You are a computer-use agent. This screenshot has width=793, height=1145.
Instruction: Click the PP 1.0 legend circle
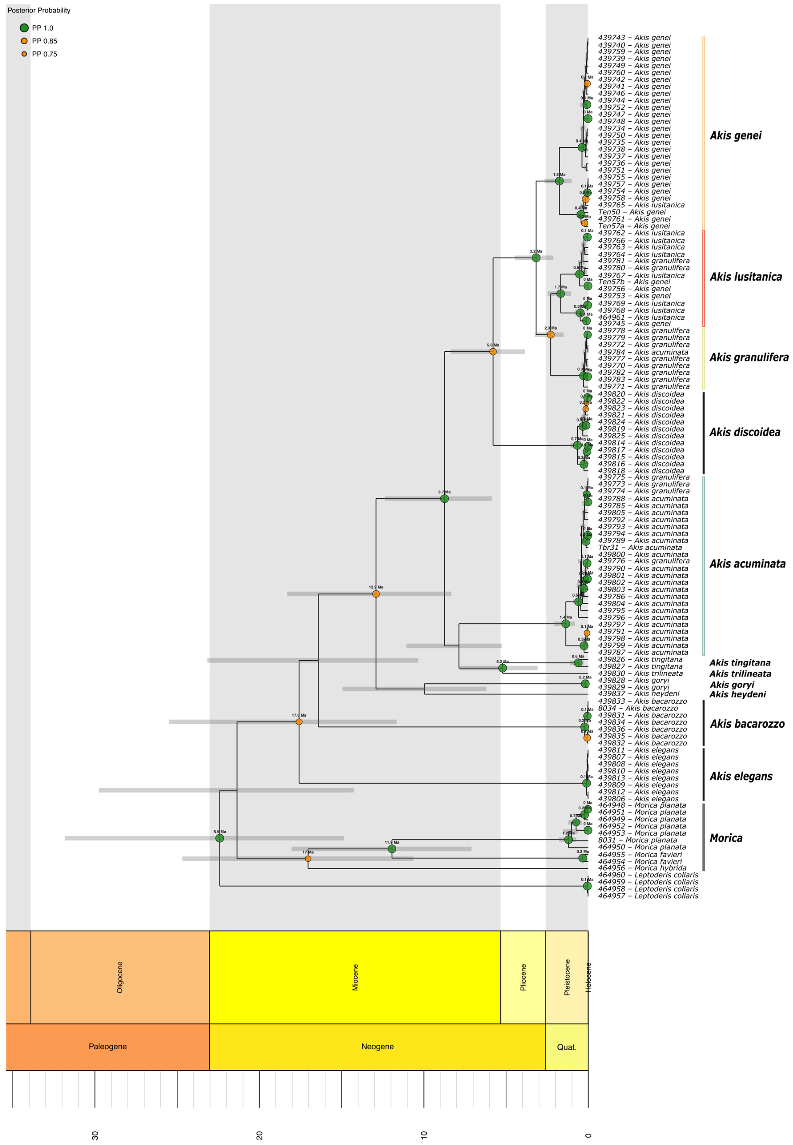[24, 28]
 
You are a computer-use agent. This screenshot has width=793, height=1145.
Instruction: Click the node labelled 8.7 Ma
[444, 499]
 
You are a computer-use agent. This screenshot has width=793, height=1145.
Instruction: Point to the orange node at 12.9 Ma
[376, 594]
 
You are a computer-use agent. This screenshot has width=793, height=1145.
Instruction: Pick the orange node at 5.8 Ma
[493, 352]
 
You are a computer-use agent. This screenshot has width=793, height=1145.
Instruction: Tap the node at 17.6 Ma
[299, 722]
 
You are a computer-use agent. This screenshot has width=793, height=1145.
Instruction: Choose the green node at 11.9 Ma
[392, 849]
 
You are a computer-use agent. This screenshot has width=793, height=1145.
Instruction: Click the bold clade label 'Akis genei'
[735, 136]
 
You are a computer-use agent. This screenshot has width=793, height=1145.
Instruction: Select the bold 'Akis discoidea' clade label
[744, 432]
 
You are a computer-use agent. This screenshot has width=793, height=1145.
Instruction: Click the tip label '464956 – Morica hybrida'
[642, 868]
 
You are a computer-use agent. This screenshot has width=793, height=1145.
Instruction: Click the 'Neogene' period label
[377, 1047]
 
